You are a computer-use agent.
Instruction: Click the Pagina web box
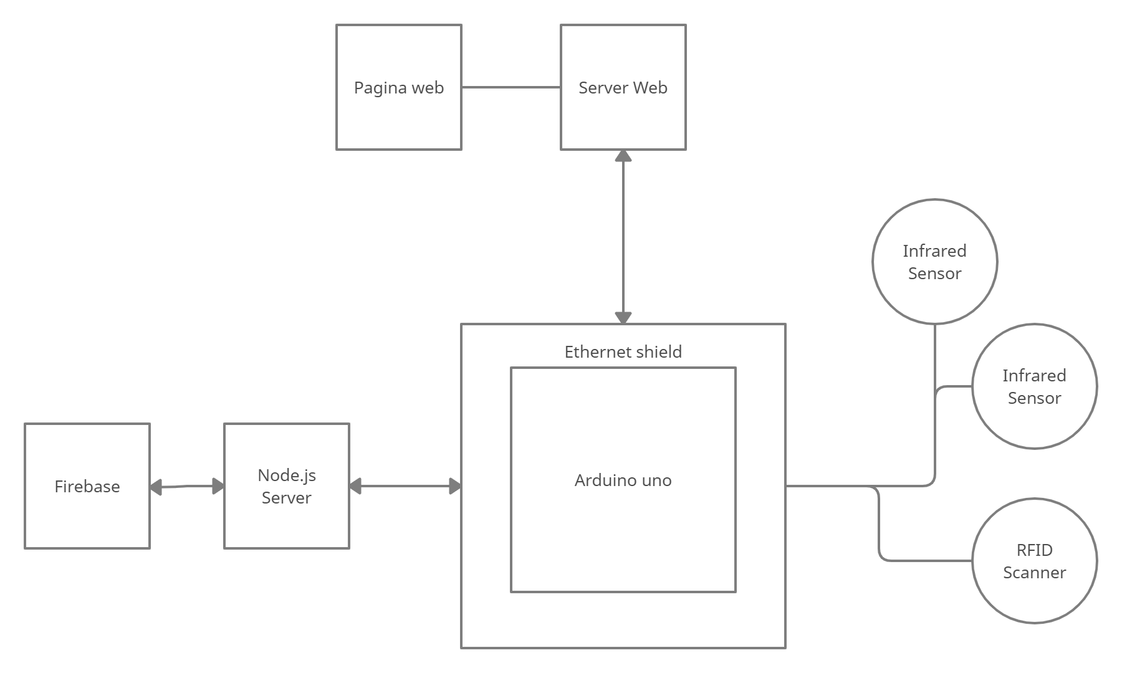pyautogui.click(x=399, y=87)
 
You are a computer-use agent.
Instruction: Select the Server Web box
pyautogui.click(x=623, y=87)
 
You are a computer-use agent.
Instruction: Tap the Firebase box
pyautogui.click(x=87, y=486)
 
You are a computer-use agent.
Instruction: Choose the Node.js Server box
pyautogui.click(x=287, y=486)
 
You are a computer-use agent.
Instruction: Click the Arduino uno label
pyautogui.click(x=623, y=480)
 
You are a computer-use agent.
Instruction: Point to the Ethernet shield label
pyautogui.click(x=623, y=352)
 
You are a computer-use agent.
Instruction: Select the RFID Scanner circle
pyautogui.click(x=1035, y=561)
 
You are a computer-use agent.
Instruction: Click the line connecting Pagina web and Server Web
pyautogui.click(x=511, y=87)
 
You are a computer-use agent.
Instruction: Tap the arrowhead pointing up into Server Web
pyautogui.click(x=623, y=156)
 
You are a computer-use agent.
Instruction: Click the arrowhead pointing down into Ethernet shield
pyautogui.click(x=623, y=318)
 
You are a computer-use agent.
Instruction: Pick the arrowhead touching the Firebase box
pyautogui.click(x=156, y=487)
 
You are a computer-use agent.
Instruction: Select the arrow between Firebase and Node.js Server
pyautogui.click(x=187, y=486)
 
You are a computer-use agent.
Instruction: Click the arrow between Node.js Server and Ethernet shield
pyautogui.click(x=405, y=486)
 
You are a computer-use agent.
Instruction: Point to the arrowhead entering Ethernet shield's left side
pyautogui.click(x=456, y=486)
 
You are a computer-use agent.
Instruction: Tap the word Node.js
pyautogui.click(x=287, y=475)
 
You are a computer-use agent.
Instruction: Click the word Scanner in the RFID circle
pyautogui.click(x=1035, y=573)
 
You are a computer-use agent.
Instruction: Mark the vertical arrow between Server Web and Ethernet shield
pyautogui.click(x=623, y=237)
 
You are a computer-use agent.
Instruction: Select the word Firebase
pyautogui.click(x=87, y=487)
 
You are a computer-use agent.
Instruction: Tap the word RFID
pyautogui.click(x=1035, y=550)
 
